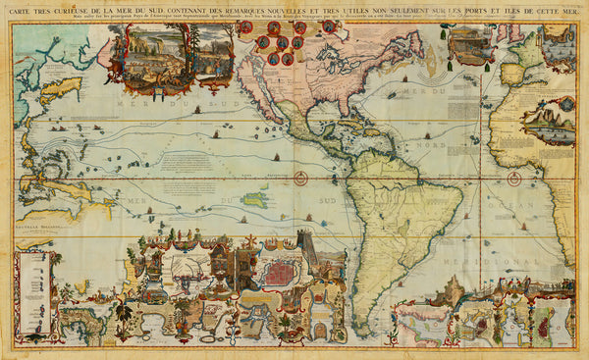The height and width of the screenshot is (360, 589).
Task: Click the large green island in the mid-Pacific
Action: pyautogui.click(x=257, y=199)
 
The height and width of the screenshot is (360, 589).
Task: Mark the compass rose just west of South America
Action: pyautogui.click(x=300, y=179)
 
